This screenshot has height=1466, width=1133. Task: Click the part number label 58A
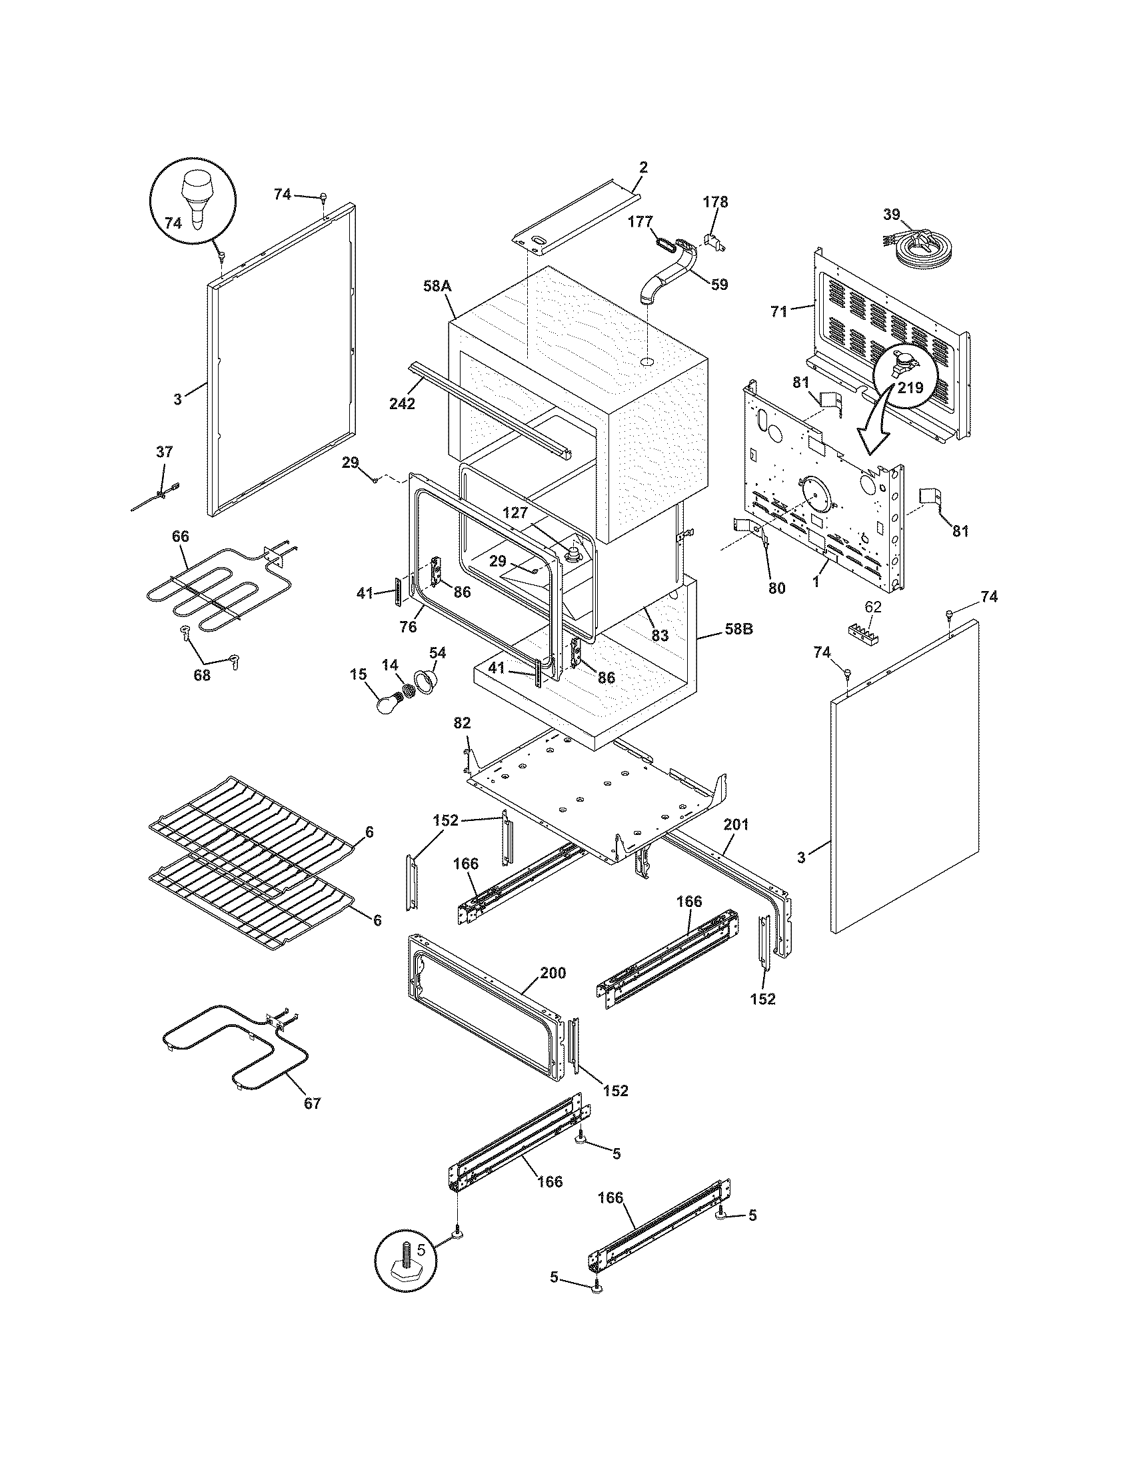(437, 287)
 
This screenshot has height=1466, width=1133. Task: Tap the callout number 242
(402, 403)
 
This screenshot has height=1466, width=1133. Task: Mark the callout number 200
(553, 973)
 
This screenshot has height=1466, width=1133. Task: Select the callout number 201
(736, 825)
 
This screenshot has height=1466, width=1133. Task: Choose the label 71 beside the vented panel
(778, 311)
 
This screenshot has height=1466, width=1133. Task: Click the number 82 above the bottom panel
(462, 723)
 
